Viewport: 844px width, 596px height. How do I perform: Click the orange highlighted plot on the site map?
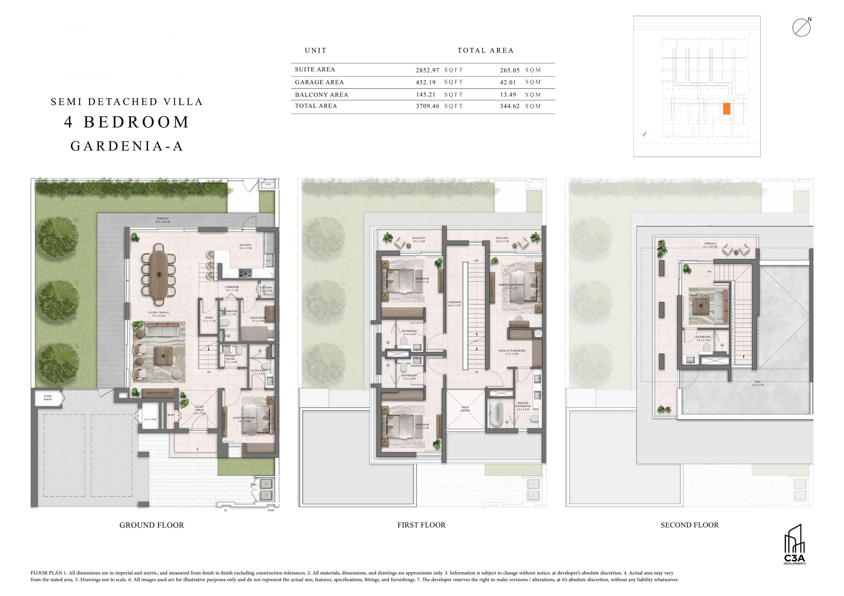pyautogui.click(x=726, y=109)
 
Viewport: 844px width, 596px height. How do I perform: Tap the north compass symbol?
pyautogui.click(x=801, y=28)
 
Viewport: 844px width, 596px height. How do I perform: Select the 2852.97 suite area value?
pyautogui.click(x=427, y=70)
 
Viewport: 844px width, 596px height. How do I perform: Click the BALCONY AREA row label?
pyautogui.click(x=321, y=95)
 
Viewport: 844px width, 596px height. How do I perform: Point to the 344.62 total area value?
pyautogui.click(x=509, y=106)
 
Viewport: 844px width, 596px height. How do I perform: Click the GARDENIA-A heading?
pyautogui.click(x=127, y=146)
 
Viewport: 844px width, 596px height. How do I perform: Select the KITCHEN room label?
pyautogui.click(x=245, y=246)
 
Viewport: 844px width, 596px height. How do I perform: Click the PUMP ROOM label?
pyautogui.click(x=48, y=398)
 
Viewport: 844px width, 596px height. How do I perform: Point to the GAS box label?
pyautogui.click(x=268, y=184)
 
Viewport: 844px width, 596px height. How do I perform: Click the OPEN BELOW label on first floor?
pyautogui.click(x=465, y=409)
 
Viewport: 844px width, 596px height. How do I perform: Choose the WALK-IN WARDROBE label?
pyautogui.click(x=512, y=352)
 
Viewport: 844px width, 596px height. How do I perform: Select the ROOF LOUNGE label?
pyautogui.click(x=700, y=297)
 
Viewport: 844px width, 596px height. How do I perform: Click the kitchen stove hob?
pyautogui.click(x=245, y=273)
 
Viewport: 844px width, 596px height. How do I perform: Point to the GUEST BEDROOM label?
pyautogui.click(x=244, y=419)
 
